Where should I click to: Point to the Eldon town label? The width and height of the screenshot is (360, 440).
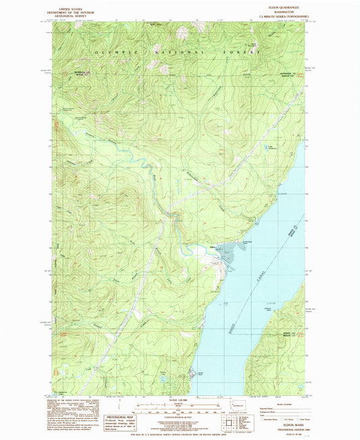(x=213, y=247)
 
